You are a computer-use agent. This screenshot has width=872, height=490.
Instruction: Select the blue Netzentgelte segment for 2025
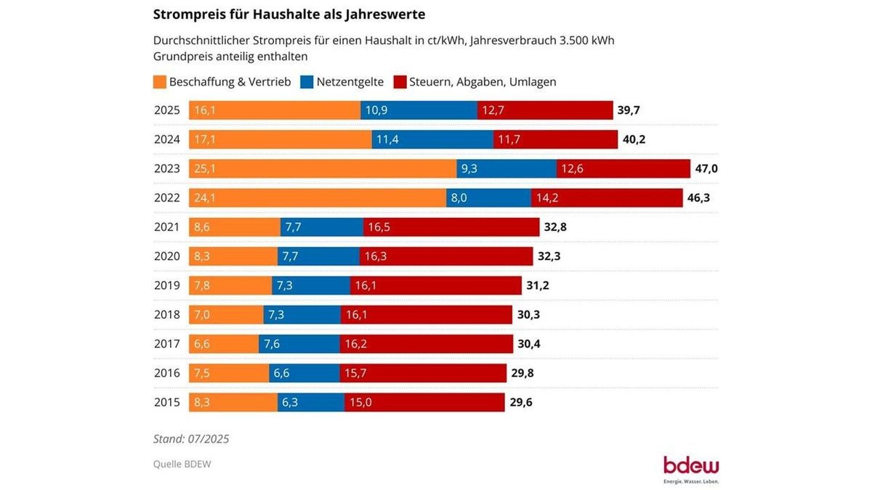(x=419, y=110)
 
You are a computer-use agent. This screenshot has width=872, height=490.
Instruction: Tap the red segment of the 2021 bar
(x=451, y=227)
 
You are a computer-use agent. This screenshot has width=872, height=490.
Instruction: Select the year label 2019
(x=168, y=285)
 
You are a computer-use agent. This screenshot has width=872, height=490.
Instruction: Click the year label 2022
(x=168, y=197)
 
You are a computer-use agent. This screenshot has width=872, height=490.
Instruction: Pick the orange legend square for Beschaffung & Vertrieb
(x=160, y=82)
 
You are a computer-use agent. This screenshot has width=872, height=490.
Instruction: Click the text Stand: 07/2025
(x=191, y=438)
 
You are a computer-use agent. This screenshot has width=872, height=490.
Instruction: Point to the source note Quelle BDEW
(x=182, y=464)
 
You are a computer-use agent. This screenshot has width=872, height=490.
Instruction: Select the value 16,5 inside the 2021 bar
(x=379, y=227)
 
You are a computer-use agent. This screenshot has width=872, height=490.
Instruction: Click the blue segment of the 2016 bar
(x=304, y=373)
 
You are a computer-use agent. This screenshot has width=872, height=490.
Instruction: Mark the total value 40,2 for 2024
(x=634, y=139)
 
